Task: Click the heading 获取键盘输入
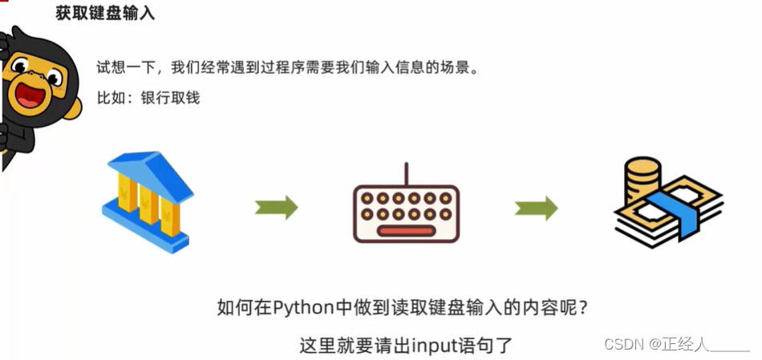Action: click(x=105, y=14)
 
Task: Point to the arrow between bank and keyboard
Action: click(x=277, y=208)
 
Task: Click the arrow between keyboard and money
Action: click(x=536, y=208)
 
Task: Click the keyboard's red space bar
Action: click(x=406, y=232)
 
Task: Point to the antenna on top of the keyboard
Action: click(x=406, y=173)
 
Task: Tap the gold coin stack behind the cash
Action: click(x=642, y=178)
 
